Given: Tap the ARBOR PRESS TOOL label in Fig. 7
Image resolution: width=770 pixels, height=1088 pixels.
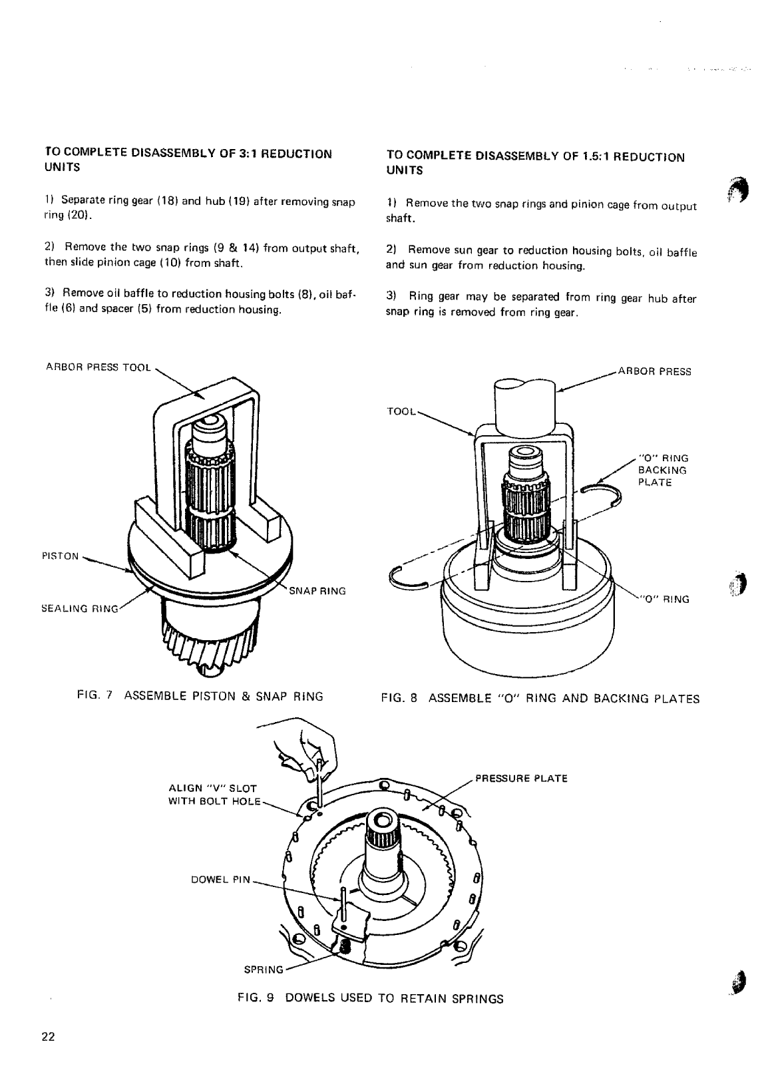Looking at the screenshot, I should [x=98, y=367].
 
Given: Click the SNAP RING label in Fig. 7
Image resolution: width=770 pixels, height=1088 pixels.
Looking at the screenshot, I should [x=317, y=591].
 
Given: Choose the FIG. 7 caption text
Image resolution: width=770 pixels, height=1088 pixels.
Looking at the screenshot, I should [x=200, y=697].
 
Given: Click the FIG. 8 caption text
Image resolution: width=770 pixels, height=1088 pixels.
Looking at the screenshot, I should [x=540, y=698].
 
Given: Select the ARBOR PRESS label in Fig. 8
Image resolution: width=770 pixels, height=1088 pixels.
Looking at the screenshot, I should [x=655, y=371].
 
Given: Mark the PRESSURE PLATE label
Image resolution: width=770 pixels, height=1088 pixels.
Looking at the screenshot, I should [x=520, y=778].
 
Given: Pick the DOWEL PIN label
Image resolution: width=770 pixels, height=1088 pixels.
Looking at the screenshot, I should [x=220, y=879].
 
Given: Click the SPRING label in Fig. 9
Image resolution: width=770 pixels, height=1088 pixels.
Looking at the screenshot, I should [x=264, y=969].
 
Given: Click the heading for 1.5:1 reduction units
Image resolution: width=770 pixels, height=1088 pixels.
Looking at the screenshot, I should [x=534, y=163].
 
